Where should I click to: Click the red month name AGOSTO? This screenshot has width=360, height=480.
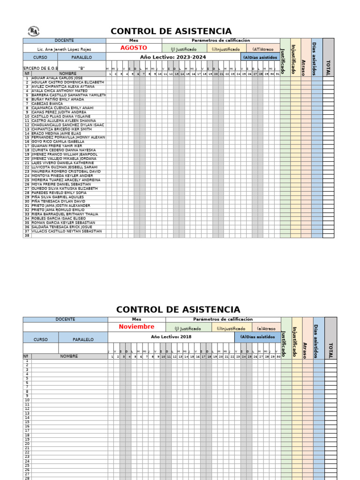click(x=134, y=48)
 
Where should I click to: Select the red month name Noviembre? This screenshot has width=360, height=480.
click(x=136, y=327)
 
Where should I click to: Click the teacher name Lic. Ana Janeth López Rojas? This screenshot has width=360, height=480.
click(x=64, y=49)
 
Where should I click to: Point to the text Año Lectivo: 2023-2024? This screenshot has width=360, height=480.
click(x=173, y=57)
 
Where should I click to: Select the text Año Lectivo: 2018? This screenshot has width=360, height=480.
click(x=171, y=337)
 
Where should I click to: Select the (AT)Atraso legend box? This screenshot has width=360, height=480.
click(x=262, y=49)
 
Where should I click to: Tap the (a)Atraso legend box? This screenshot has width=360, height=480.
click(x=266, y=329)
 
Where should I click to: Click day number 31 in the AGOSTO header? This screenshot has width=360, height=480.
click(x=277, y=74)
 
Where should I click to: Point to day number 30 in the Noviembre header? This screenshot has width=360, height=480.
click(x=278, y=357)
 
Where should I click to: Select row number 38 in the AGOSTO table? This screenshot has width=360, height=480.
click(x=27, y=235)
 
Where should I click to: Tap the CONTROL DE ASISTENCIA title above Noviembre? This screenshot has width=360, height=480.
click(x=178, y=310)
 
